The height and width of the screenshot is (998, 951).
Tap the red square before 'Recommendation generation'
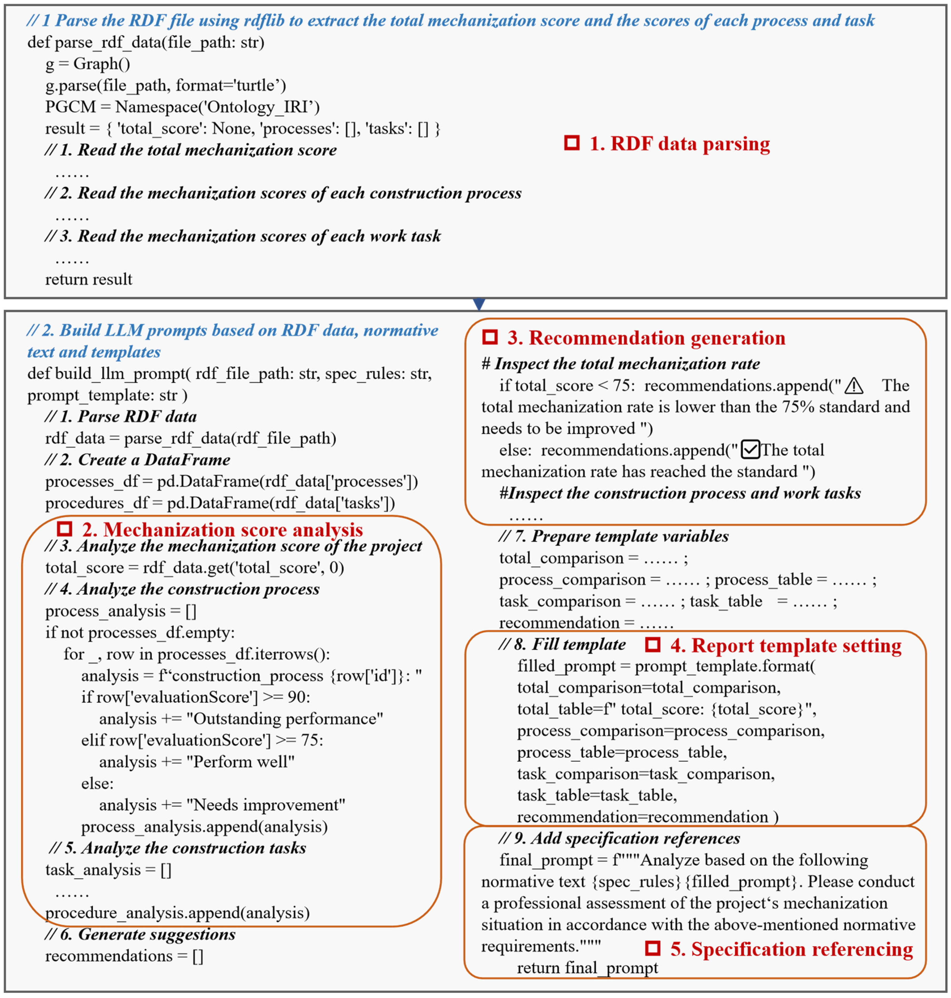(x=490, y=337)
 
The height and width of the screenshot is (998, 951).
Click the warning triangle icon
(x=854, y=386)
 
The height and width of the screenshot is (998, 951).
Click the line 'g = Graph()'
(x=88, y=64)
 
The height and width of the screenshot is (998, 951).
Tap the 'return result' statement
(x=89, y=279)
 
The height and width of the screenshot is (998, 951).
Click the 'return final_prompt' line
(x=587, y=968)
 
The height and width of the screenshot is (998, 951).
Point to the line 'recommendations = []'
(x=124, y=956)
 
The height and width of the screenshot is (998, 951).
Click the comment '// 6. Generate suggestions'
(x=140, y=934)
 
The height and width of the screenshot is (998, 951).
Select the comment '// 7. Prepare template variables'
(x=613, y=536)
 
